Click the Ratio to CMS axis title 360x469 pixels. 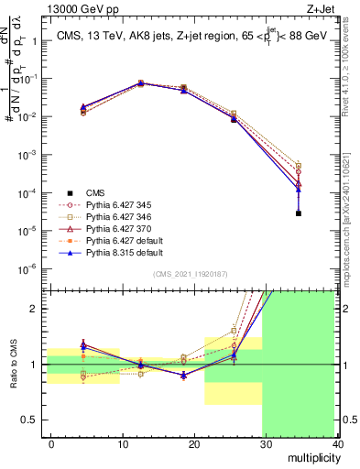click(12, 364)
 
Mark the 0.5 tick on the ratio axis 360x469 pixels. click(31, 420)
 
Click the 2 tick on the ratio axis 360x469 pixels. click(35, 309)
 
